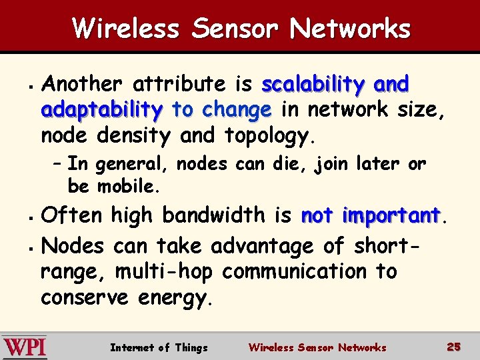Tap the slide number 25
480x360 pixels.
pyautogui.click(x=454, y=347)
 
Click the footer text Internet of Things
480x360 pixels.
pyautogui.click(x=159, y=347)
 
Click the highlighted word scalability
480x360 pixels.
pyautogui.click(x=313, y=85)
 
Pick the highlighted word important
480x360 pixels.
pyautogui.click(x=391, y=215)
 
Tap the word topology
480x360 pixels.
pyautogui.click(x=267, y=136)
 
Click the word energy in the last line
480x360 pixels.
pyautogui.click(x=175, y=298)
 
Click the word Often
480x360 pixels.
pyautogui.click(x=71, y=215)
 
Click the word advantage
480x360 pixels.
pyautogui.click(x=263, y=247)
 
